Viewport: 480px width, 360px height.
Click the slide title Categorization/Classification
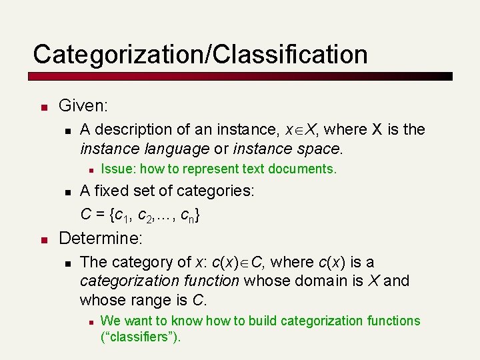click(200, 54)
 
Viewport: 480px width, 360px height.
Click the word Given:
click(83, 105)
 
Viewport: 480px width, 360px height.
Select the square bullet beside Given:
click(42, 107)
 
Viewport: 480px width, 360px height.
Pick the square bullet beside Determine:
click(42, 239)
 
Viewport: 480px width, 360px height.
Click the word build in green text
click(262, 321)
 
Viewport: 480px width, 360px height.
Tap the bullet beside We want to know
click(89, 322)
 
